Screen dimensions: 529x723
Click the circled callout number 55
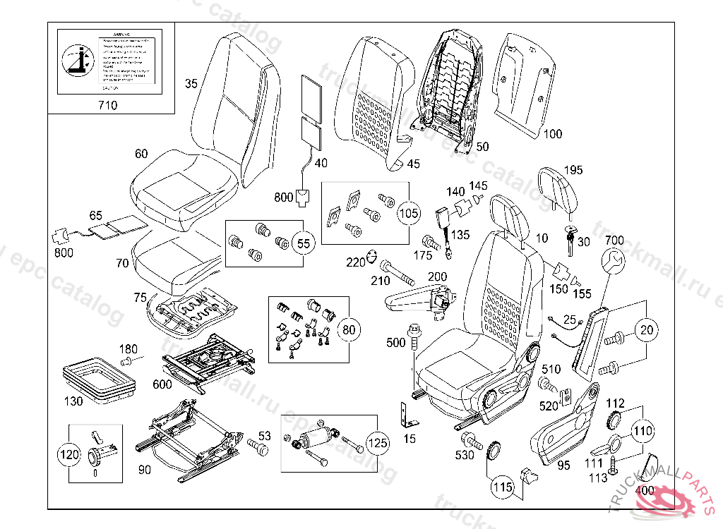click(x=302, y=243)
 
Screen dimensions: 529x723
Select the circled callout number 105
click(x=408, y=212)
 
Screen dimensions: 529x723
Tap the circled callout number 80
click(x=347, y=328)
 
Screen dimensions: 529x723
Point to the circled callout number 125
click(x=376, y=444)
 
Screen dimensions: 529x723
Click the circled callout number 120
click(x=69, y=455)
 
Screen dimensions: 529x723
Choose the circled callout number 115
click(x=501, y=486)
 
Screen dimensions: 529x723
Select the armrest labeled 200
click(x=417, y=300)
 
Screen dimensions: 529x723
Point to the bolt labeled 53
click(x=258, y=446)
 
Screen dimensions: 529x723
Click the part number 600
click(x=162, y=384)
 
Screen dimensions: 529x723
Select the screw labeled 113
click(x=613, y=466)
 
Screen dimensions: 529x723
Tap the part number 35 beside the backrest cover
click(x=191, y=84)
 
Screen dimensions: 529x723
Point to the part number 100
click(x=553, y=134)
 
